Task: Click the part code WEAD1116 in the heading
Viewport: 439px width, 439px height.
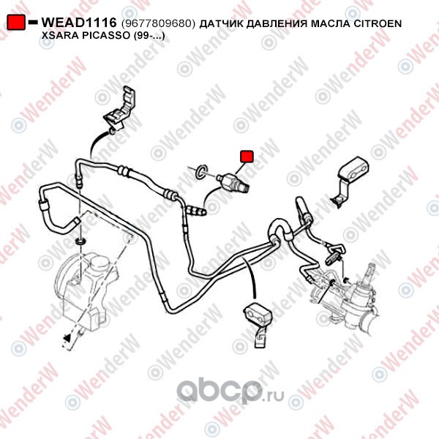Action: click(79, 23)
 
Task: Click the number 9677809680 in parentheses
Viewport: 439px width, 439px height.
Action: click(158, 23)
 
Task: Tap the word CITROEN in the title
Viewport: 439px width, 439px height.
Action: click(378, 23)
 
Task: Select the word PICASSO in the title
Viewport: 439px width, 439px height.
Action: click(102, 36)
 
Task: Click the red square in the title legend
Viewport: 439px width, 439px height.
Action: click(16, 22)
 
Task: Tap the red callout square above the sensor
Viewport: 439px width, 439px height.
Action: click(247, 157)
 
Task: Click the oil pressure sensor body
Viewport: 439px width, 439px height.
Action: click(233, 182)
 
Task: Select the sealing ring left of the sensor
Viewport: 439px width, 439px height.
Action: click(202, 172)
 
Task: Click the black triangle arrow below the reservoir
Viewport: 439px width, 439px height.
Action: click(67, 338)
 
